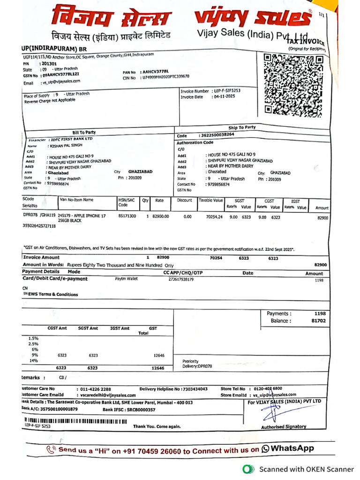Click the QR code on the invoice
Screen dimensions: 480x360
[293, 84]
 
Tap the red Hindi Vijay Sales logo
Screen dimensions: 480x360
[111, 18]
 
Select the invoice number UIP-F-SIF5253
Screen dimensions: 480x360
[227, 91]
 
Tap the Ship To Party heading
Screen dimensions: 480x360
[242, 127]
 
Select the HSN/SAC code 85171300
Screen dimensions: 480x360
[127, 216]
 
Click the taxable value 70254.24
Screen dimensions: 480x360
[210, 217]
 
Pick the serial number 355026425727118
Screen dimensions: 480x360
[39, 225]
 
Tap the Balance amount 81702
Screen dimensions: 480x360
[318, 321]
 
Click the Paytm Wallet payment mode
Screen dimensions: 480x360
[127, 279]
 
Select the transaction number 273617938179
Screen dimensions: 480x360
[181, 279]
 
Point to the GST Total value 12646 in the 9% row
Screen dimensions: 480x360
[158, 356]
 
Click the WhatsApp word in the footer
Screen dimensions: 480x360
[292, 449]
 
